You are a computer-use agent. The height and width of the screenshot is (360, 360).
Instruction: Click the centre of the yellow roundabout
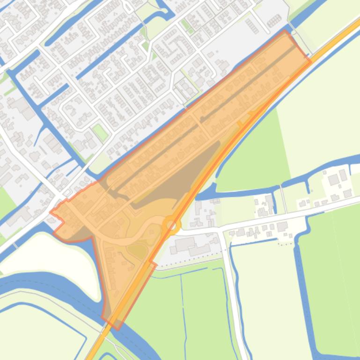[172, 226]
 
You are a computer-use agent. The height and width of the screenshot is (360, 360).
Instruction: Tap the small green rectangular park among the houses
[100, 132]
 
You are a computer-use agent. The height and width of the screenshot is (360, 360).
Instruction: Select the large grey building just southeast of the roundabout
[184, 244]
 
